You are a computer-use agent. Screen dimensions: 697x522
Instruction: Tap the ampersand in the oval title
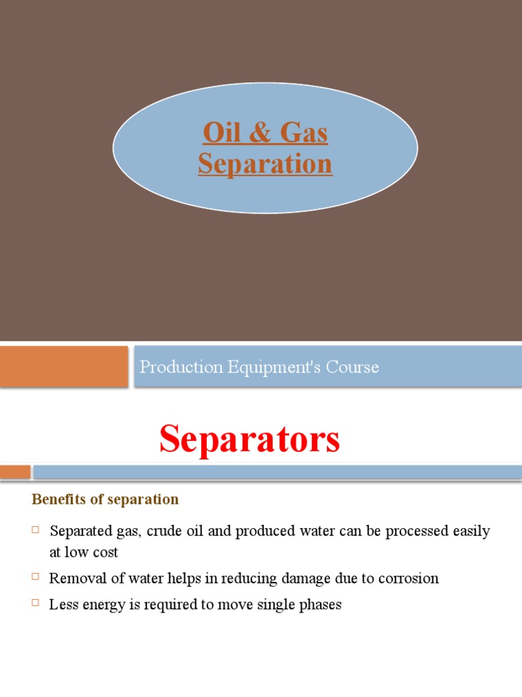pyautogui.click(x=259, y=133)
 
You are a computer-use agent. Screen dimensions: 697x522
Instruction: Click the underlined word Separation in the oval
pyautogui.click(x=265, y=163)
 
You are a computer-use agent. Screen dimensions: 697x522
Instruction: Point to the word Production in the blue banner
pyautogui.click(x=179, y=368)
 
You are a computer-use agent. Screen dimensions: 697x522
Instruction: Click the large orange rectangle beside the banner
pyautogui.click(x=64, y=366)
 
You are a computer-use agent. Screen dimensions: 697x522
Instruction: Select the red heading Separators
pyautogui.click(x=249, y=439)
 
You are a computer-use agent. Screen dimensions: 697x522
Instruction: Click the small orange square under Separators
pyautogui.click(x=15, y=472)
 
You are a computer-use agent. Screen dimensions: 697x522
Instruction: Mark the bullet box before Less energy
pyautogui.click(x=36, y=602)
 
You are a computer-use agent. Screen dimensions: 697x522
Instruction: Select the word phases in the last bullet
pyautogui.click(x=320, y=604)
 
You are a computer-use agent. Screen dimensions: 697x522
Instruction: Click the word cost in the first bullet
pyautogui.click(x=105, y=553)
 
